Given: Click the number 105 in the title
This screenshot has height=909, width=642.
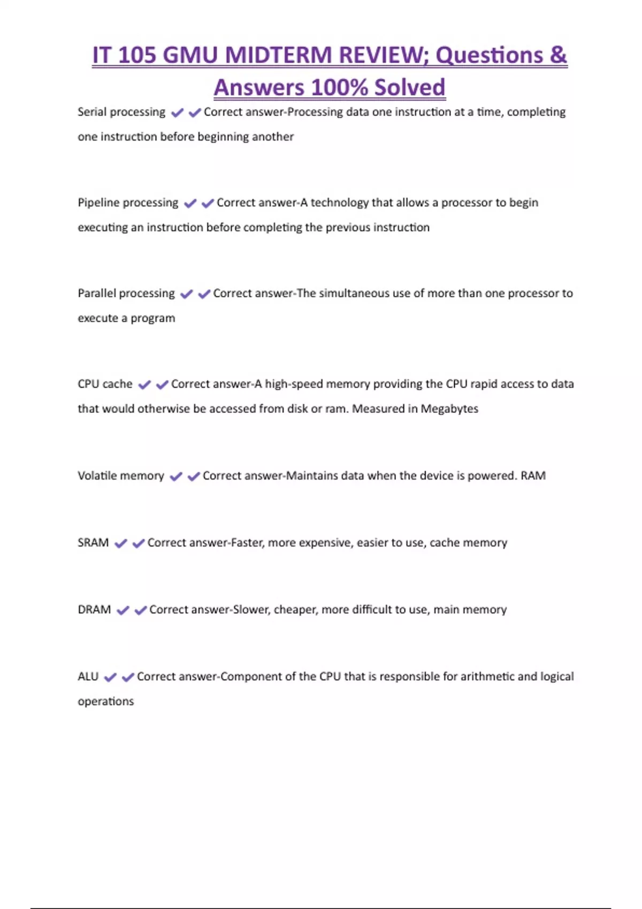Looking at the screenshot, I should pos(137,56).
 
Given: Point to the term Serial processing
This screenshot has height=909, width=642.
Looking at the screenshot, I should pos(121,112).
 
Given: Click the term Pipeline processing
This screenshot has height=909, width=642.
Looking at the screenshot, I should pos(128,203).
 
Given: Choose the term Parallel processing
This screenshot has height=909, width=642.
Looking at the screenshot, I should pos(126,294).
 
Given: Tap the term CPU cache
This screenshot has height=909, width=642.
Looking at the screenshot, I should pos(105,384).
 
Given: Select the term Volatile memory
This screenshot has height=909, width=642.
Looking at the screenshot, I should pos(121,476).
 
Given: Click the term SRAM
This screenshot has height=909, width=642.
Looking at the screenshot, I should pos(93,543).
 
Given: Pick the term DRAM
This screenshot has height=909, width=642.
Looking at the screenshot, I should pos(94,610).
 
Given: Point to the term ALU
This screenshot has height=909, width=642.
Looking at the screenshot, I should pos(88,676).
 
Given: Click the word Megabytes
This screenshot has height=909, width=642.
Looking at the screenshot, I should pos(449,409).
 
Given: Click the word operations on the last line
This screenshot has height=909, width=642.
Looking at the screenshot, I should pos(106,702).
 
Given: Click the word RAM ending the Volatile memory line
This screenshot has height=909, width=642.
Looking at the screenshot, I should pos(533,476).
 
